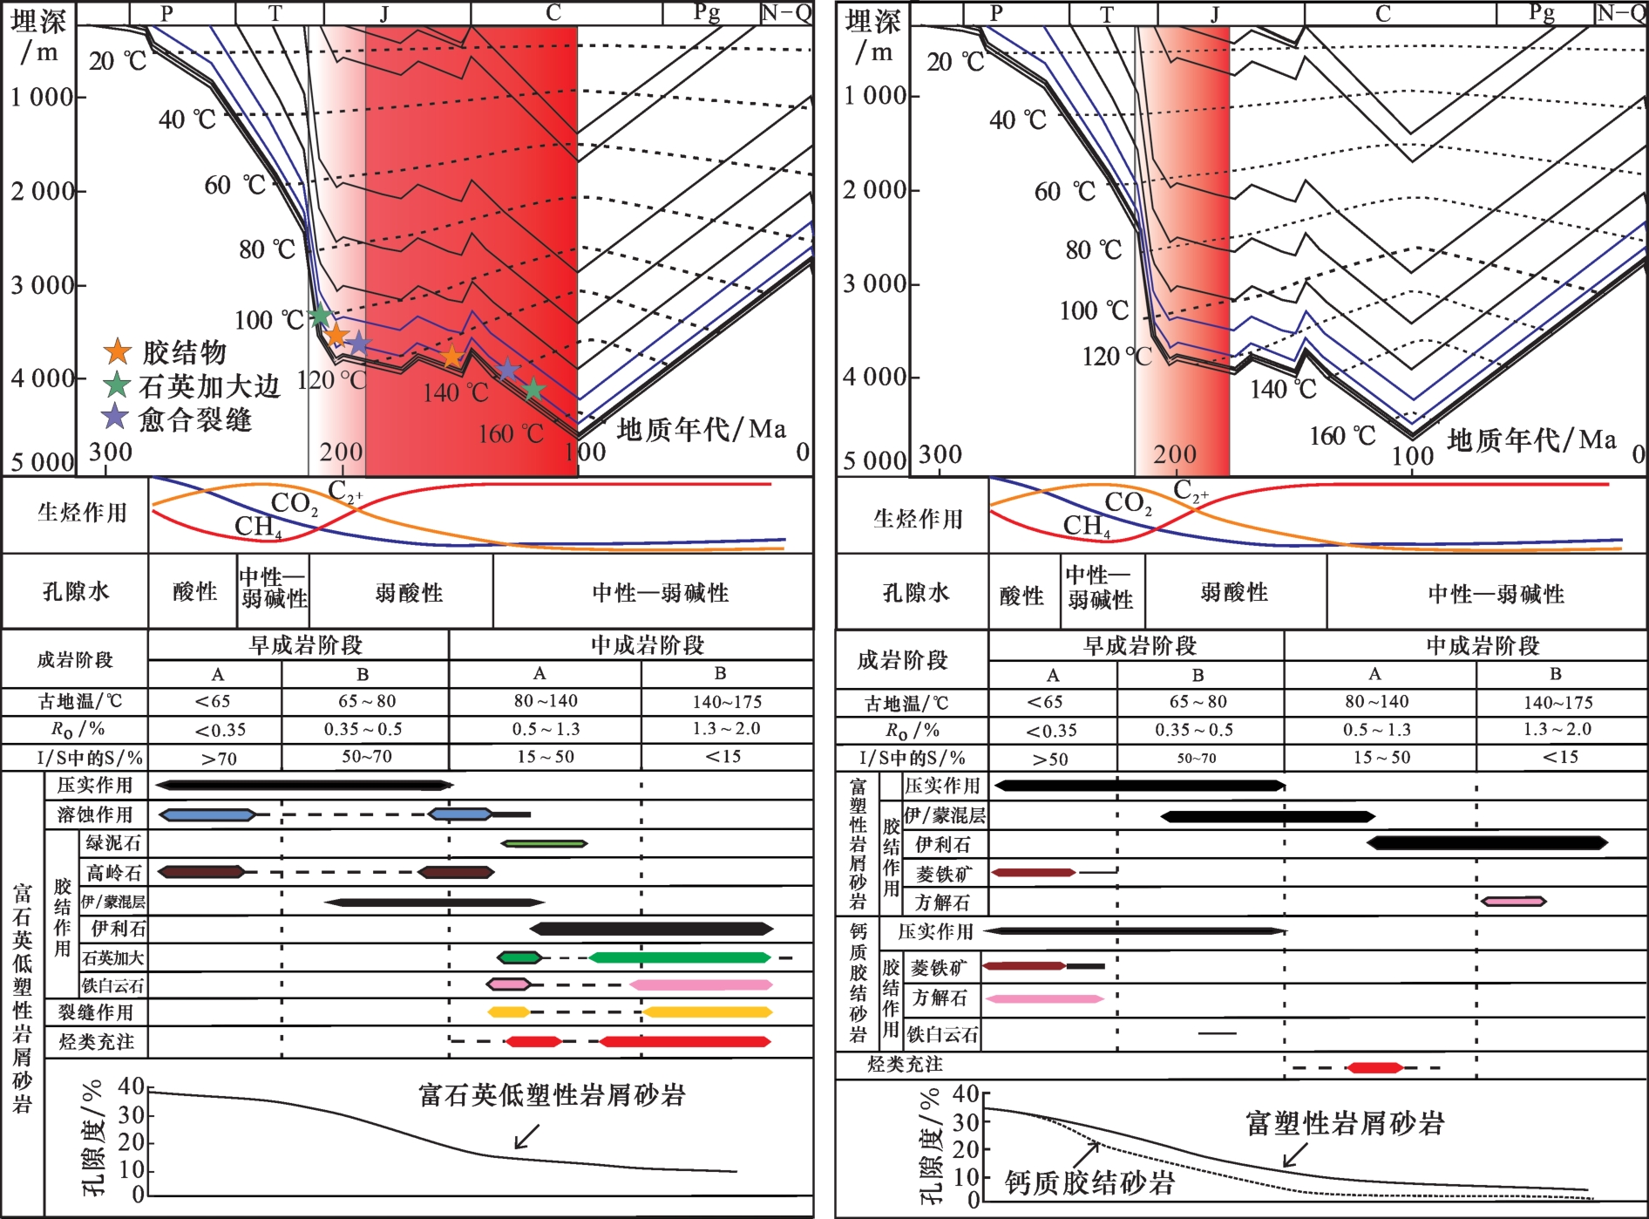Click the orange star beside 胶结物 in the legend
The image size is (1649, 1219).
(x=118, y=351)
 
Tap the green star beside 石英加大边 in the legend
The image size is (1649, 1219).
(x=117, y=385)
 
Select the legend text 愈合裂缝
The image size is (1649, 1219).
(x=195, y=420)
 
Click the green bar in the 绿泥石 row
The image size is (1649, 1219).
(x=544, y=844)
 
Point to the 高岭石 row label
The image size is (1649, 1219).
(x=113, y=872)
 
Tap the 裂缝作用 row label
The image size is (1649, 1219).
(x=96, y=1012)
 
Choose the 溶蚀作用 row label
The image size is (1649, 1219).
(x=95, y=814)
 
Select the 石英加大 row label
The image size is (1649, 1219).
(x=113, y=957)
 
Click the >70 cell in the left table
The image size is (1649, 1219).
(x=219, y=759)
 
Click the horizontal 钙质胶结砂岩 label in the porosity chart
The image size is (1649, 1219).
(x=1090, y=1182)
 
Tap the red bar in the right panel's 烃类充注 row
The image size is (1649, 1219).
(x=1375, y=1067)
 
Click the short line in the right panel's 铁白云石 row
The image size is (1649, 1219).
(x=1217, y=1033)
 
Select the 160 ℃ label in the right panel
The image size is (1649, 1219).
(x=1342, y=435)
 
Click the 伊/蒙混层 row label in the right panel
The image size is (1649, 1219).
(x=945, y=815)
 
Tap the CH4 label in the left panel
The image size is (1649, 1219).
(x=258, y=527)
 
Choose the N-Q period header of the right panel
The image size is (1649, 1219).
(x=1620, y=13)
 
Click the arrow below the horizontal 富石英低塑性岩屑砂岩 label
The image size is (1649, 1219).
(x=527, y=1137)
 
